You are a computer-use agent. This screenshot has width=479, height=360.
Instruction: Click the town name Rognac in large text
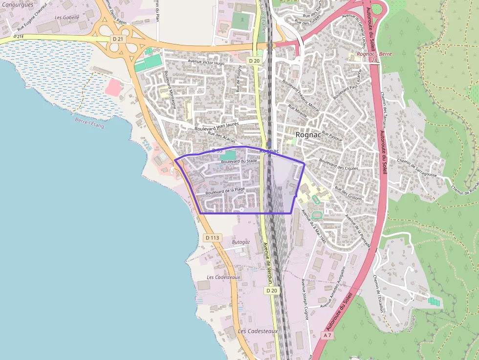[x=308, y=135]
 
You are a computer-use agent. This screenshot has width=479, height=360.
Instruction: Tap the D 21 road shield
[x=117, y=39]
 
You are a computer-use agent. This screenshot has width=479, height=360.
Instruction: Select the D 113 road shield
[x=213, y=237]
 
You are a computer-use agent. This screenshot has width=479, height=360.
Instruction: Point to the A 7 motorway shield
[x=327, y=336]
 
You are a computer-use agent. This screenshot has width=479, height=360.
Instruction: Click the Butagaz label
[x=240, y=242]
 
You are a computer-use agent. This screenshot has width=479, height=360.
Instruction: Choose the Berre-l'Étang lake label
[x=89, y=122]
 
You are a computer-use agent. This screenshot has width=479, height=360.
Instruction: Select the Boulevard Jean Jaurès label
[x=216, y=125]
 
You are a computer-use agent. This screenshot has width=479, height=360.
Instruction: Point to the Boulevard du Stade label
[x=239, y=161]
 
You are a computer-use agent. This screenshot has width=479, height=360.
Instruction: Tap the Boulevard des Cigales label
[x=338, y=164]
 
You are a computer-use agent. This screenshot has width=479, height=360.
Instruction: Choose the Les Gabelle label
[x=67, y=17]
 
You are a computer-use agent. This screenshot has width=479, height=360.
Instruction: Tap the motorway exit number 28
[x=374, y=60]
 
